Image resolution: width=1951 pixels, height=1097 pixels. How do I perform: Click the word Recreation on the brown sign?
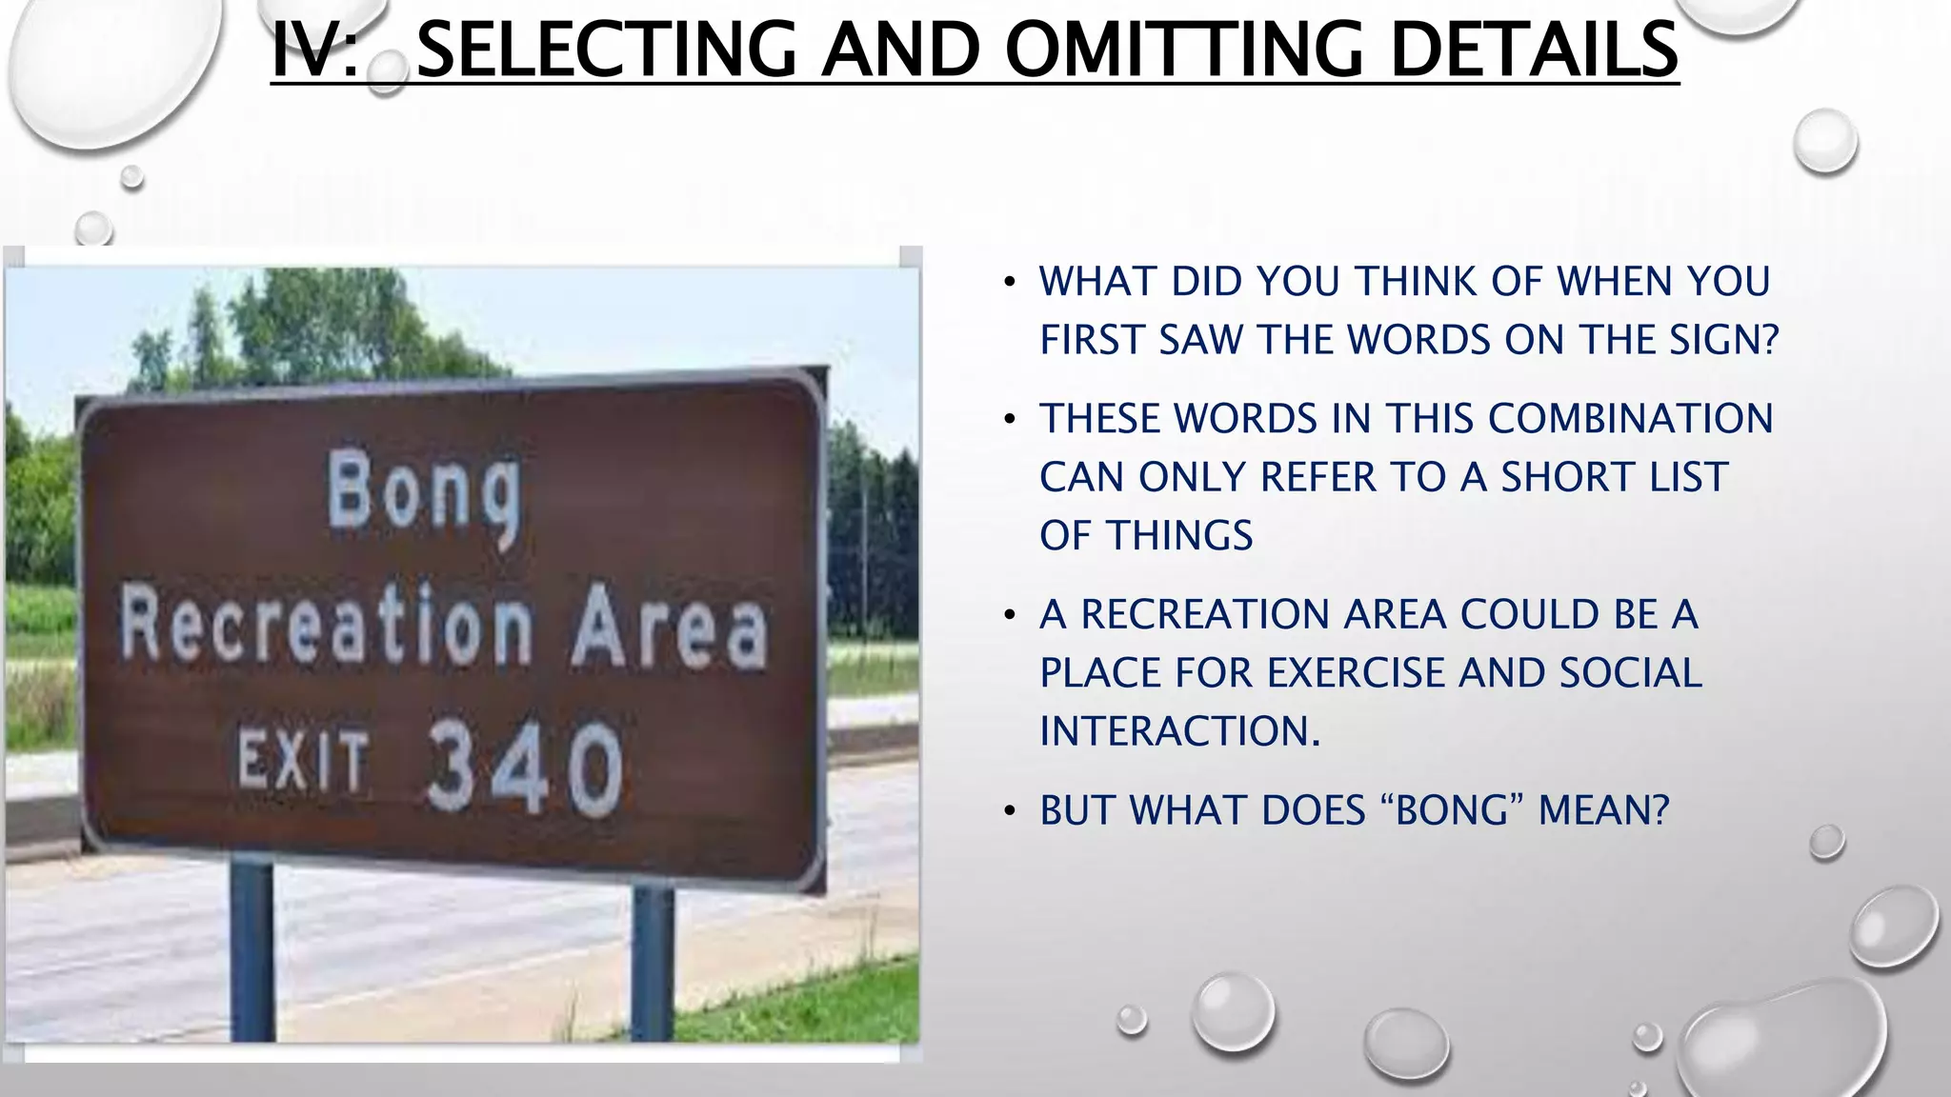click(x=327, y=628)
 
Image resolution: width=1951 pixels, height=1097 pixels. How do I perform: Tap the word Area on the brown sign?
click(x=669, y=628)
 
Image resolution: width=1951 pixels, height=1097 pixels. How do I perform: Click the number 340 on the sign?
click(x=525, y=766)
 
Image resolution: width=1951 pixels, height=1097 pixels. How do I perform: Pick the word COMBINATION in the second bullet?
click(x=1630, y=419)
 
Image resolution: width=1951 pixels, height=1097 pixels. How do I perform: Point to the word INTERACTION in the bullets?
click(x=1178, y=731)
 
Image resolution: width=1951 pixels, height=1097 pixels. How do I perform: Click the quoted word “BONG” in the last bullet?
click(x=1451, y=810)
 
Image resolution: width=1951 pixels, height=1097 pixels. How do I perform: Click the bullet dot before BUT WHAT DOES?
click(x=1010, y=811)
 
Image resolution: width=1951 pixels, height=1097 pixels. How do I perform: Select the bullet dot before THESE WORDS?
click(x=1010, y=420)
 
